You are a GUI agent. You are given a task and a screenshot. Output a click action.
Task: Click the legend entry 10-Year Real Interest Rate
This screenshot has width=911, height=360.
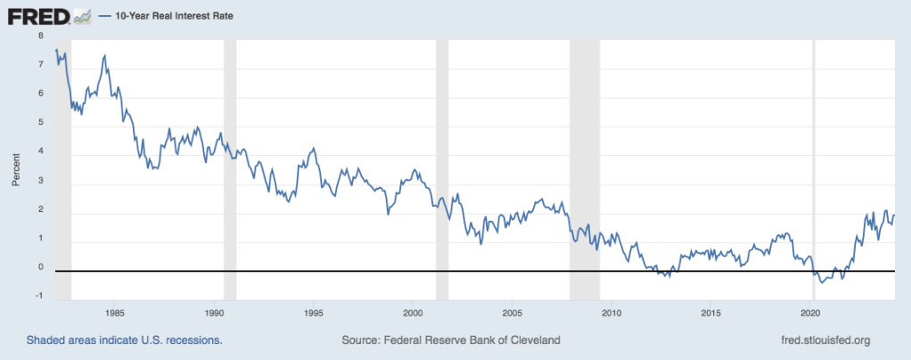[x=169, y=16]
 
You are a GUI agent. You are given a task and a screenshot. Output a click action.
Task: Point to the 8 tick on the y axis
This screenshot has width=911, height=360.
[x=40, y=36]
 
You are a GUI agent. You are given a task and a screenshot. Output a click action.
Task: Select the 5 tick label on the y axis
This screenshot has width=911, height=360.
[x=40, y=123]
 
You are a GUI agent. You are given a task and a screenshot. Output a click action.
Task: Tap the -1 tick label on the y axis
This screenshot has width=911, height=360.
[x=38, y=297]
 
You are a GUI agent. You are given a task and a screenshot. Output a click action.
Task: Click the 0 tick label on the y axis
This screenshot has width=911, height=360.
[x=40, y=267]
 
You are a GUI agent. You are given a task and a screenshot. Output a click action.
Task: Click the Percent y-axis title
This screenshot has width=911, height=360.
[x=15, y=167]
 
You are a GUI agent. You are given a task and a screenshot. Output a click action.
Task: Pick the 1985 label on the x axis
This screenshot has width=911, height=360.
[x=113, y=313]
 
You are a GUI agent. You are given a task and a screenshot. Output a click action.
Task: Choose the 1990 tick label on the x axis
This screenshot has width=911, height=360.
[x=214, y=313]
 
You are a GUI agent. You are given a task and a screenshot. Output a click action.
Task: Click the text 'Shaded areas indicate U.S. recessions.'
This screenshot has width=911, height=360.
[x=124, y=340]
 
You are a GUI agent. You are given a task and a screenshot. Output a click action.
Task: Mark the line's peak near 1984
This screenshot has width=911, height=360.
[x=105, y=55]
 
